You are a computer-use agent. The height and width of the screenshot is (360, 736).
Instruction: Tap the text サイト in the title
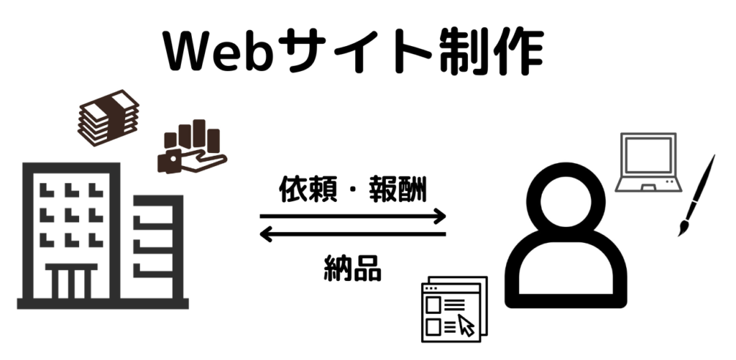[x=352, y=52]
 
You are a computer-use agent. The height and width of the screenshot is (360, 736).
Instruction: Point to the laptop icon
[x=649, y=162]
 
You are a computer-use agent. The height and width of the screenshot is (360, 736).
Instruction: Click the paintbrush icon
[x=697, y=194]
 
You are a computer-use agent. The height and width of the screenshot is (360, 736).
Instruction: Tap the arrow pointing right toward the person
[x=352, y=216]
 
